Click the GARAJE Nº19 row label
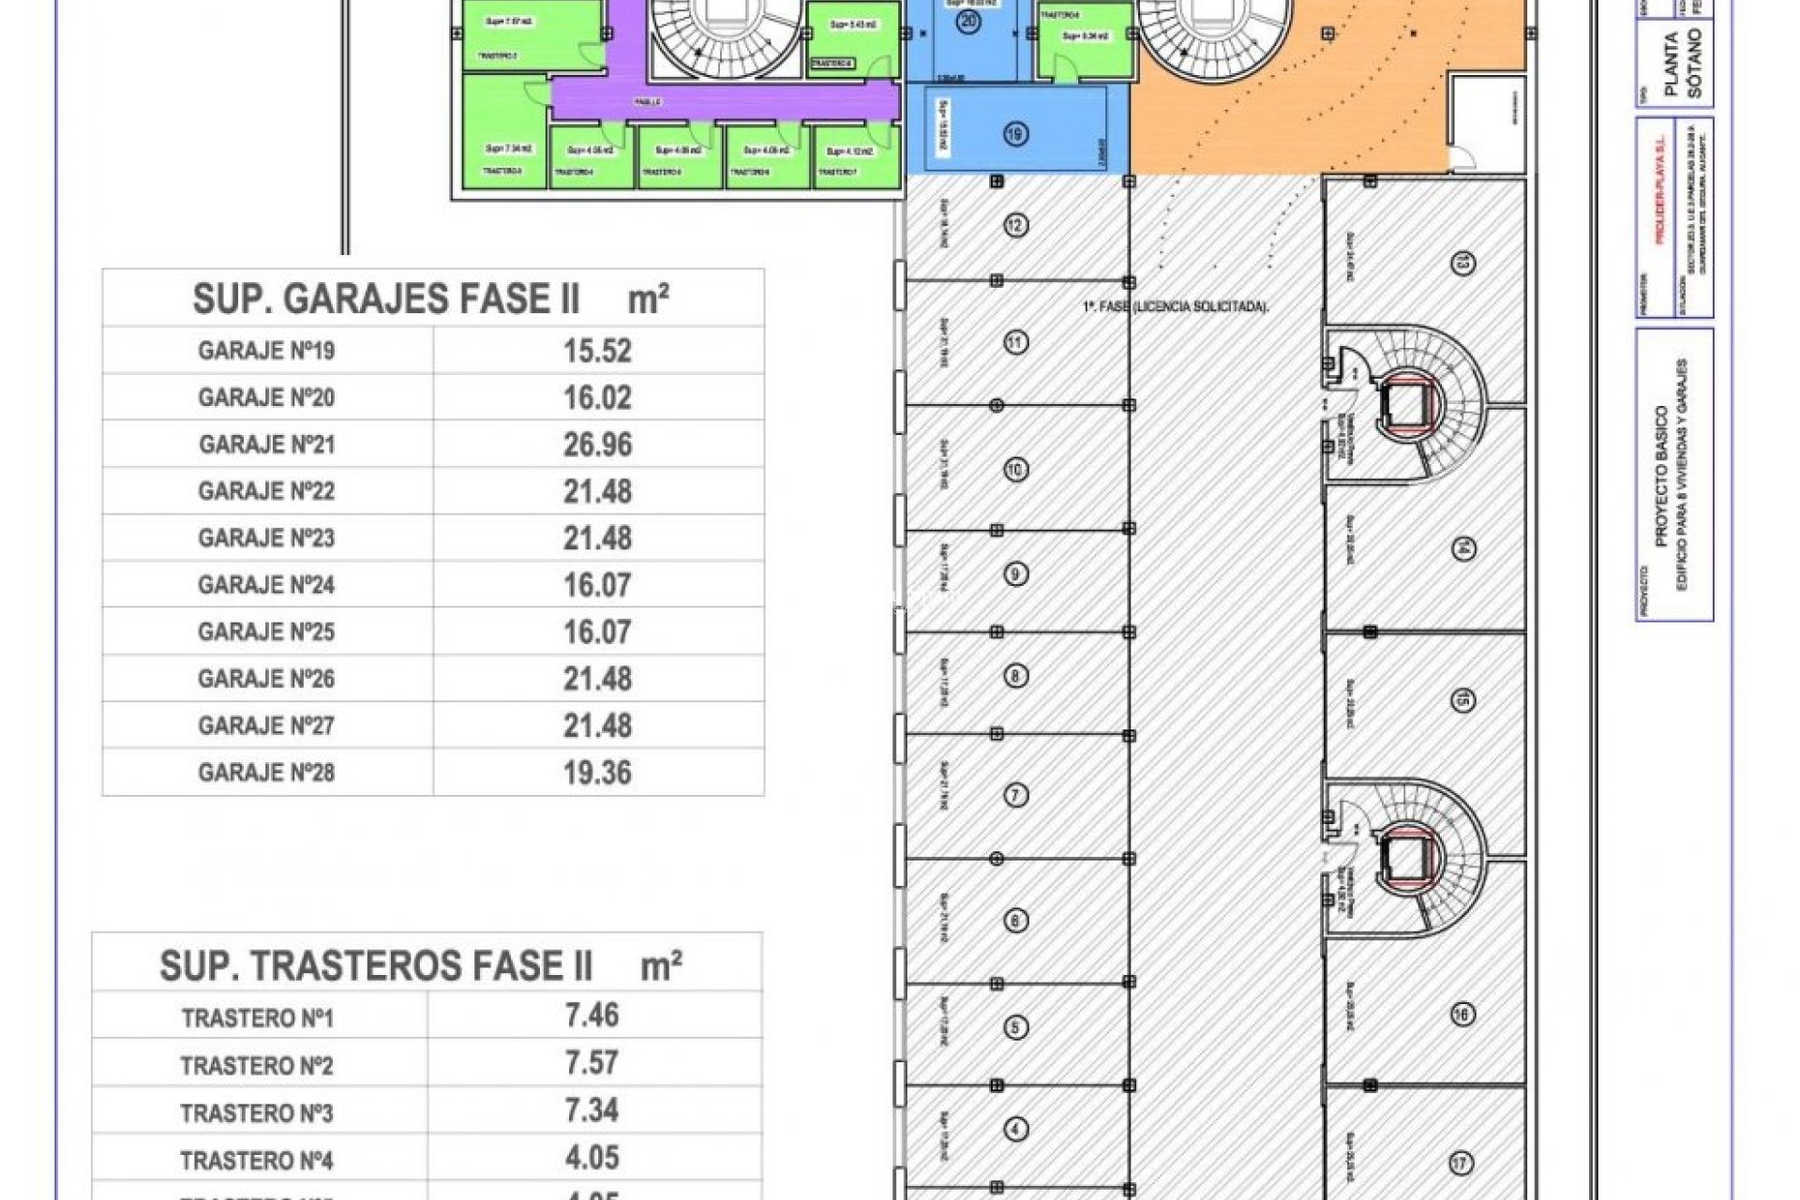point(266,351)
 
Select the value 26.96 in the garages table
point(597,444)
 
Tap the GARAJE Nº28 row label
point(266,772)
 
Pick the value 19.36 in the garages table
point(597,772)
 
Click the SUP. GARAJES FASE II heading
point(430,299)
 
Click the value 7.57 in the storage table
point(592,1063)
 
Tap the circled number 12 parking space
point(1015,225)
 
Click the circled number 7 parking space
point(1015,796)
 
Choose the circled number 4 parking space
point(1015,1129)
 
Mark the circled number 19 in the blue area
point(1015,134)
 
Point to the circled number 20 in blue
point(969,21)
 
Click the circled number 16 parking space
point(1462,1013)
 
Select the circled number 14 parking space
point(1462,548)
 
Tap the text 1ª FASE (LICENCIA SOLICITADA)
point(1176,307)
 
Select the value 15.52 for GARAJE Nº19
point(597,351)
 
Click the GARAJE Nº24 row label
point(266,585)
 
